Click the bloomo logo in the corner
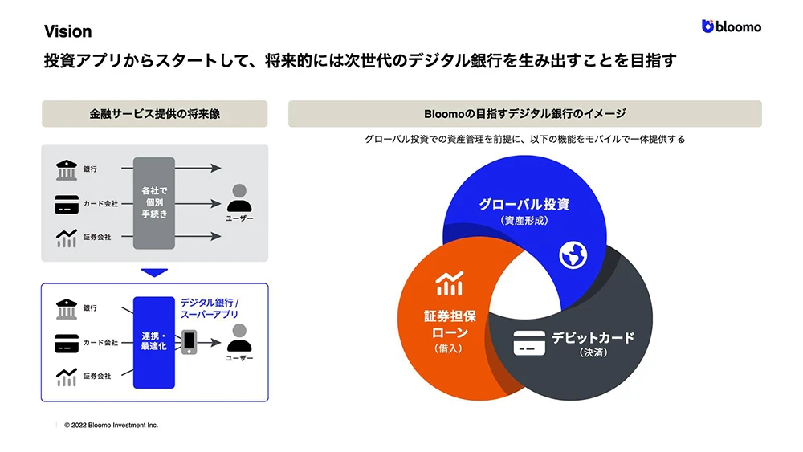click(732, 26)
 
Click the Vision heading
click(67, 31)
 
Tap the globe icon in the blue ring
click(573, 255)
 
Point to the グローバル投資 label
click(524, 204)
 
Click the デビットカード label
click(593, 337)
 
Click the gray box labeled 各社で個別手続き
click(154, 202)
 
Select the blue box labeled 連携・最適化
click(153, 341)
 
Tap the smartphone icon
click(189, 341)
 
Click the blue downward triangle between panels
click(154, 271)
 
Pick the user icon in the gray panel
click(240, 196)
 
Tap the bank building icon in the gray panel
click(66, 169)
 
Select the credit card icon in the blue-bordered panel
click(66, 343)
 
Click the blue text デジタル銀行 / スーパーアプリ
click(210, 309)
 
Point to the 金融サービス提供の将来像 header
click(154, 114)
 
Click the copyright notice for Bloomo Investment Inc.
click(111, 425)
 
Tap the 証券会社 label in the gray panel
click(97, 238)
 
